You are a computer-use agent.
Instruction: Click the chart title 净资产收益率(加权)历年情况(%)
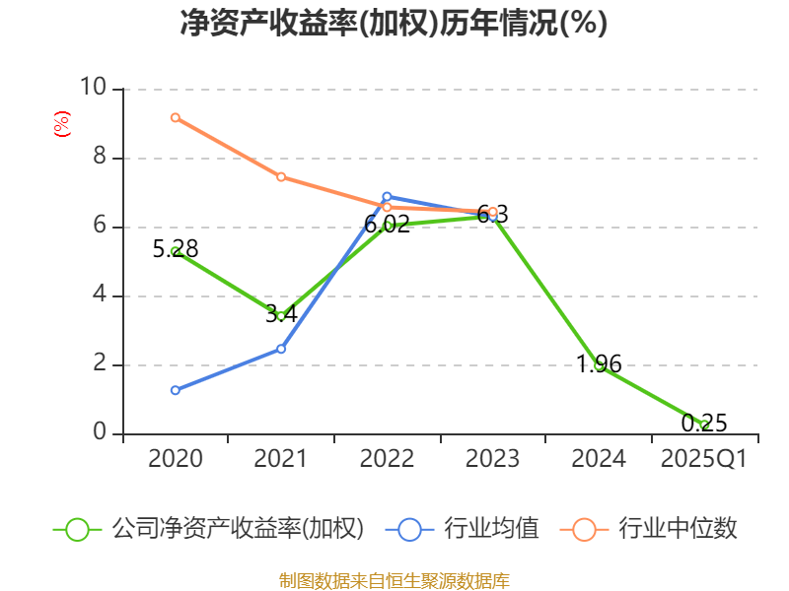pyautogui.click(x=394, y=24)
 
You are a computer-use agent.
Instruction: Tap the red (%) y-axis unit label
pyautogui.click(x=61, y=125)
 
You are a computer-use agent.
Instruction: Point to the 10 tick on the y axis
pyautogui.click(x=93, y=89)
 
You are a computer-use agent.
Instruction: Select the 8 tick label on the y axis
pyautogui.click(x=100, y=158)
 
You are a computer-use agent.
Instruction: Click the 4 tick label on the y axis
pyautogui.click(x=100, y=295)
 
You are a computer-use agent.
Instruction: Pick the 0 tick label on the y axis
pyautogui.click(x=100, y=433)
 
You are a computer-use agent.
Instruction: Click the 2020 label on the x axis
pyautogui.click(x=176, y=459)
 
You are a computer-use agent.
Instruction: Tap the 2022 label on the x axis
pyautogui.click(x=387, y=459)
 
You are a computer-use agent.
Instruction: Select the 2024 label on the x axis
pyautogui.click(x=599, y=459)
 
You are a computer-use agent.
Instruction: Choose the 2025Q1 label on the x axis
pyautogui.click(x=704, y=459)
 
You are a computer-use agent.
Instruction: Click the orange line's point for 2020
pyautogui.click(x=176, y=117)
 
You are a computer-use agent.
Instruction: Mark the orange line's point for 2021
pyautogui.click(x=281, y=177)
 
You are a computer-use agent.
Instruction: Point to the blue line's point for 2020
pyautogui.click(x=176, y=390)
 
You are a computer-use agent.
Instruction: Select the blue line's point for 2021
pyautogui.click(x=281, y=349)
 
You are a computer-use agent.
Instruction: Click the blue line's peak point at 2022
pyautogui.click(x=387, y=196)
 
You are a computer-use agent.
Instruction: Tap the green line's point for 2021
pyautogui.click(x=281, y=316)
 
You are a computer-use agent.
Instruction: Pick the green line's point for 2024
pyautogui.click(x=599, y=365)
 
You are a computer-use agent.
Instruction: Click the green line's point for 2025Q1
pyautogui.click(x=704, y=425)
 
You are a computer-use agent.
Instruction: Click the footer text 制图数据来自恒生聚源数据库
pyautogui.click(x=394, y=580)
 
